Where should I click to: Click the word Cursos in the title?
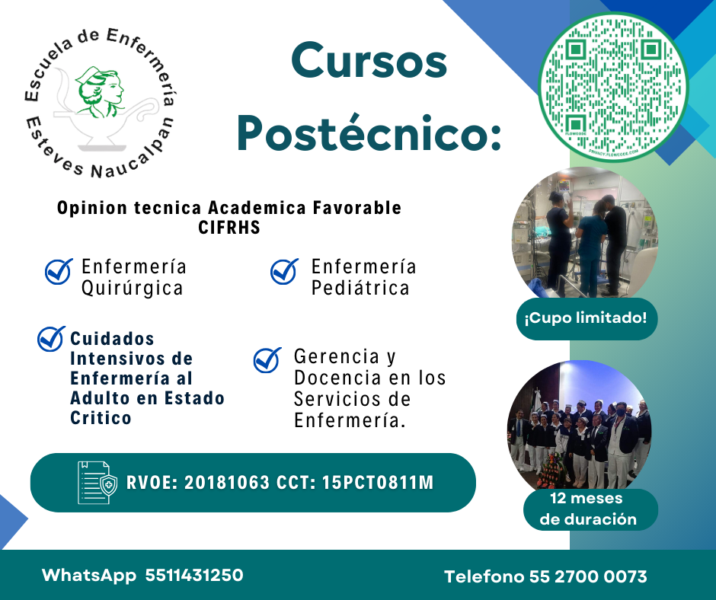[369, 61]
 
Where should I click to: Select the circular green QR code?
[613, 87]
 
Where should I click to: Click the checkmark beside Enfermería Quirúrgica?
[59, 271]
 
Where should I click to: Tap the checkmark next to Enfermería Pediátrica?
[284, 271]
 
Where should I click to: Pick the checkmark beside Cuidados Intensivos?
[51, 339]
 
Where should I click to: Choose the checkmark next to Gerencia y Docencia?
[267, 360]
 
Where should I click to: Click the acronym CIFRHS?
[229, 228]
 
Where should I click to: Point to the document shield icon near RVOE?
[97, 483]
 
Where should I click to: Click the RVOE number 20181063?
[227, 483]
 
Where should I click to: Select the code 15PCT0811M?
[378, 483]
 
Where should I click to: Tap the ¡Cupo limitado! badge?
[587, 319]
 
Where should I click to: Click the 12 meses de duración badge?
[590, 509]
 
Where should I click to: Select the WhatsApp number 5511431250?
[194, 576]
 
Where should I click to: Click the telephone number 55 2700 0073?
[588, 576]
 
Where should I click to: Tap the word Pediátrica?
[360, 288]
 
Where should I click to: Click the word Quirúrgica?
[133, 289]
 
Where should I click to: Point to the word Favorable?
[357, 208]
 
